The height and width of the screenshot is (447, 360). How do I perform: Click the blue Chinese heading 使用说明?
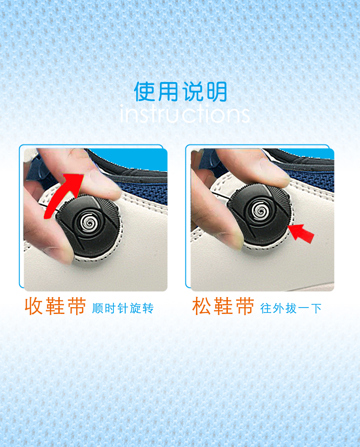point(180,92)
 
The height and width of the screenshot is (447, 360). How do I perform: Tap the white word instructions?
point(185,113)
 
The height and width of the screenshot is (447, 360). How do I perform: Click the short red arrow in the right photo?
point(301,233)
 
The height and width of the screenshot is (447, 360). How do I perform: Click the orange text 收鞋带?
point(55,306)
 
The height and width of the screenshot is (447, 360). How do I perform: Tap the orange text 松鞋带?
point(223,306)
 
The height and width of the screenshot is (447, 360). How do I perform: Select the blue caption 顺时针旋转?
point(123,308)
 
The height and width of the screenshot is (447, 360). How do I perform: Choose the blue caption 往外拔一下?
point(291,308)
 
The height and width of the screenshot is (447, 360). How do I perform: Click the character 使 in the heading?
point(145,92)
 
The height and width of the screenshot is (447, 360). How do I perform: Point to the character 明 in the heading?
point(217,92)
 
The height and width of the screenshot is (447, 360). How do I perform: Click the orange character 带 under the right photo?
point(245,306)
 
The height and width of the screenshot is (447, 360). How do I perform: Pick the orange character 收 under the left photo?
point(34,306)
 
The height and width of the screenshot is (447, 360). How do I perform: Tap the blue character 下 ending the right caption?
point(316,308)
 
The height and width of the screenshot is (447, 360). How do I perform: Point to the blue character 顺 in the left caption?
point(98,308)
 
